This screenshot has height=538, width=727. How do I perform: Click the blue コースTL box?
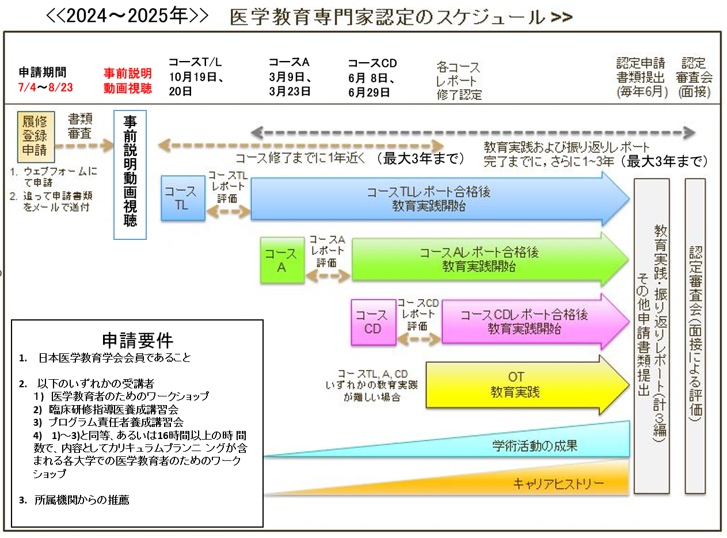pos(182,199)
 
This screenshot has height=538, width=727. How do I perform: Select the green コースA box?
pos(281,260)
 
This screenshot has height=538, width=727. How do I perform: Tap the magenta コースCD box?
pos(373,322)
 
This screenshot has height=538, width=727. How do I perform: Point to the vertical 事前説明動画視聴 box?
pos(130,174)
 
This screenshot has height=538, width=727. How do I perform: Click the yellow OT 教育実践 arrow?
pos(521,384)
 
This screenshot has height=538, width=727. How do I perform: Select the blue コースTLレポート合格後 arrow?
pos(437,199)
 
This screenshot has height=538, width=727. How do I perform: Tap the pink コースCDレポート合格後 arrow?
pos(530,322)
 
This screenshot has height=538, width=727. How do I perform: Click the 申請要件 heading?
pos(137,340)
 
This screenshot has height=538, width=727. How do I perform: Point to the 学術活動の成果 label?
pos(535,445)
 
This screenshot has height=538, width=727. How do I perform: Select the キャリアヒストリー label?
pos(558,484)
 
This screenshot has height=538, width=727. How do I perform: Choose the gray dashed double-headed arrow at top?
pos(473,133)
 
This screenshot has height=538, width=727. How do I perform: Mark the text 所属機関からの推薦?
pos(81,500)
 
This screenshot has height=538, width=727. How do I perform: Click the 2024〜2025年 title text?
pos(127,16)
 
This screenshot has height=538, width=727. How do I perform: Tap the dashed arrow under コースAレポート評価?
pos(328,277)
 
